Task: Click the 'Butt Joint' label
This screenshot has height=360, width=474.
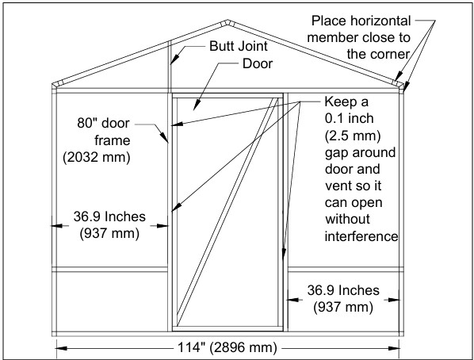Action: [x=239, y=46]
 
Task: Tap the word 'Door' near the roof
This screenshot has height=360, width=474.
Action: [x=258, y=63]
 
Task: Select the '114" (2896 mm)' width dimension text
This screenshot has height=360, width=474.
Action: [x=227, y=347]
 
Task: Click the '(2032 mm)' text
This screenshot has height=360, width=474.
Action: [x=97, y=157]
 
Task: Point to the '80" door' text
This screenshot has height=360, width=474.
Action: [x=103, y=123]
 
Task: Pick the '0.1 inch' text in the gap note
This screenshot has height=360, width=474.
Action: [x=349, y=118]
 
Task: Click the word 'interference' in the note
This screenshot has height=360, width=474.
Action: [x=361, y=236]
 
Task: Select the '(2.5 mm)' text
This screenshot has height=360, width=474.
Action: [x=353, y=136]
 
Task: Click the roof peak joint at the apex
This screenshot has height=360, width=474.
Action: [x=227, y=23]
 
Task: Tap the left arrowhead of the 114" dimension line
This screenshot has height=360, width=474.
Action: [x=61, y=349]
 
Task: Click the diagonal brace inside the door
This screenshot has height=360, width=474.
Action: [x=227, y=212]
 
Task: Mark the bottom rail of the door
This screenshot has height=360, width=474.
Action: [x=227, y=329]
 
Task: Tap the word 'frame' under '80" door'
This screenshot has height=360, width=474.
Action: [x=112, y=140]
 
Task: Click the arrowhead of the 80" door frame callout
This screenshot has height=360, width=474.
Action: [x=166, y=138]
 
